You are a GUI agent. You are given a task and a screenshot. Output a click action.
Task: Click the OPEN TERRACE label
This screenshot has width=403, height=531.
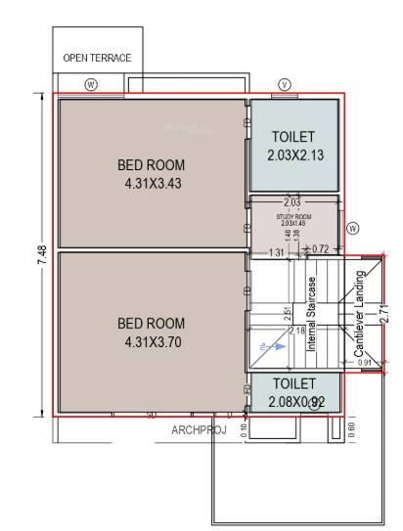tap(97, 58)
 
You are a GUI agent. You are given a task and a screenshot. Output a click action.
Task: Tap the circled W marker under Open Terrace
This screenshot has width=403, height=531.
tap(91, 84)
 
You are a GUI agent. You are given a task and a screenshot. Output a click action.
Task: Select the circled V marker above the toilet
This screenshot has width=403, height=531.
tap(285, 84)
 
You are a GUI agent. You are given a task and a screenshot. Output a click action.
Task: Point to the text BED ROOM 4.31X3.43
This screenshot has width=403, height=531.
tap(151, 174)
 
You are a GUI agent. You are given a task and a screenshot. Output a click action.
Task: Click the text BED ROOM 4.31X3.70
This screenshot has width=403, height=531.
tap(151, 332)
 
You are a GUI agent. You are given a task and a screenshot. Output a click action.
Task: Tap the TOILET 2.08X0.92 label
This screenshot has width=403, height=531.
tap(293, 392)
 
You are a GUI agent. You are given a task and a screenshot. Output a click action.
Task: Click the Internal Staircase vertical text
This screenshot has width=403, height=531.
tap(312, 314)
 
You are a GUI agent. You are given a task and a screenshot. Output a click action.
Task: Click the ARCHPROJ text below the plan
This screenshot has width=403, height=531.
tap(200, 429)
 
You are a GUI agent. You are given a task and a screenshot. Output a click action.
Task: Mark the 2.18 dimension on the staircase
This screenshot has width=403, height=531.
tap(296, 332)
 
